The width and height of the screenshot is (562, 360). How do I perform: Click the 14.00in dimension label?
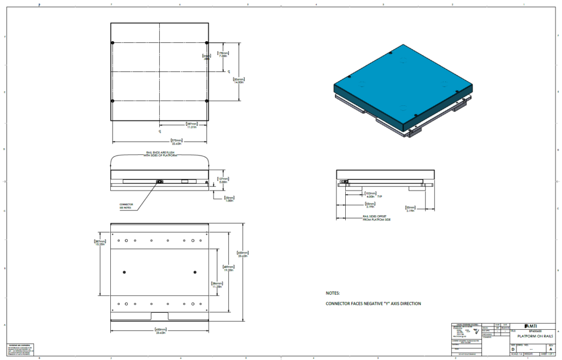click(x=238, y=80)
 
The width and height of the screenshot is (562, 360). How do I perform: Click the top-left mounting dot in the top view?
click(x=113, y=43)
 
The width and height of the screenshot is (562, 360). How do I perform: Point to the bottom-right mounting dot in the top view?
click(x=206, y=101)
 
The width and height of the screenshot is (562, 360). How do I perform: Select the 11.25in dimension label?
click(x=216, y=285)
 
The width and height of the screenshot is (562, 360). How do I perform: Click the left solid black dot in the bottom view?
click(x=125, y=272)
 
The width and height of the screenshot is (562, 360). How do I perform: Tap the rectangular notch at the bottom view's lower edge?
click(x=160, y=316)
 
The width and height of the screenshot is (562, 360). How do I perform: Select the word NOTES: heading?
click(x=333, y=293)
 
